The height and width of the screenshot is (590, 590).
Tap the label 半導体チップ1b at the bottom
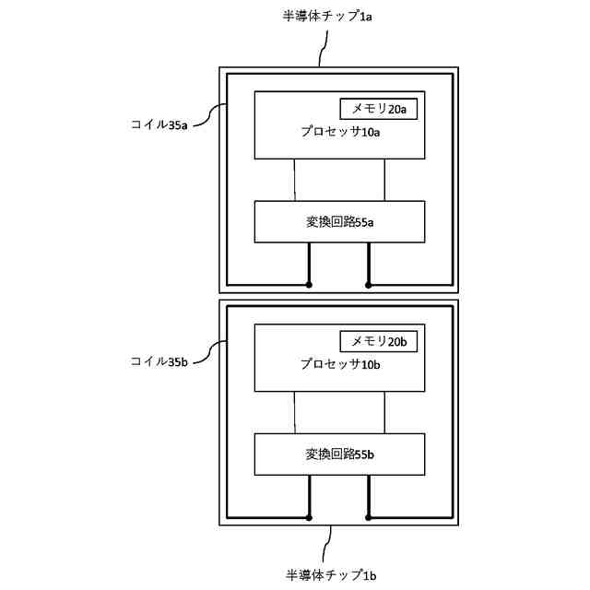coord(331,574)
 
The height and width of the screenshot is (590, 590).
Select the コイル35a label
coord(159,124)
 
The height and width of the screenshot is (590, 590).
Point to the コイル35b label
coord(159,362)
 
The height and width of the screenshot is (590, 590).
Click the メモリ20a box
coord(379,109)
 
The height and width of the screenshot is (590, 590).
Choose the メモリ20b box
coord(379,341)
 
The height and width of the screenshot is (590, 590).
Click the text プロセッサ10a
coord(340,132)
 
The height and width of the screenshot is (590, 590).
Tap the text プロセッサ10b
coord(340,364)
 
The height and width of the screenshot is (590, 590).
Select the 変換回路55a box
coord(339,222)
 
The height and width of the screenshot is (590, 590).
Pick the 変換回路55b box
coord(339,454)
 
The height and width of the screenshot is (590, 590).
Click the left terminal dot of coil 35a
coord(309,285)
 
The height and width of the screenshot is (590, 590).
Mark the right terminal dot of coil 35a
coord(369,285)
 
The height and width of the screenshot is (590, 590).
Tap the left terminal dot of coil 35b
coord(309,517)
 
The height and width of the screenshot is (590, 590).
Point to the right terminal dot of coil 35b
coord(369,517)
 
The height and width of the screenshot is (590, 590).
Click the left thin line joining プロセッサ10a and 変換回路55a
coord(294,180)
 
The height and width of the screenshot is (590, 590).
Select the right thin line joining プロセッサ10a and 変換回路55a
coord(384,180)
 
